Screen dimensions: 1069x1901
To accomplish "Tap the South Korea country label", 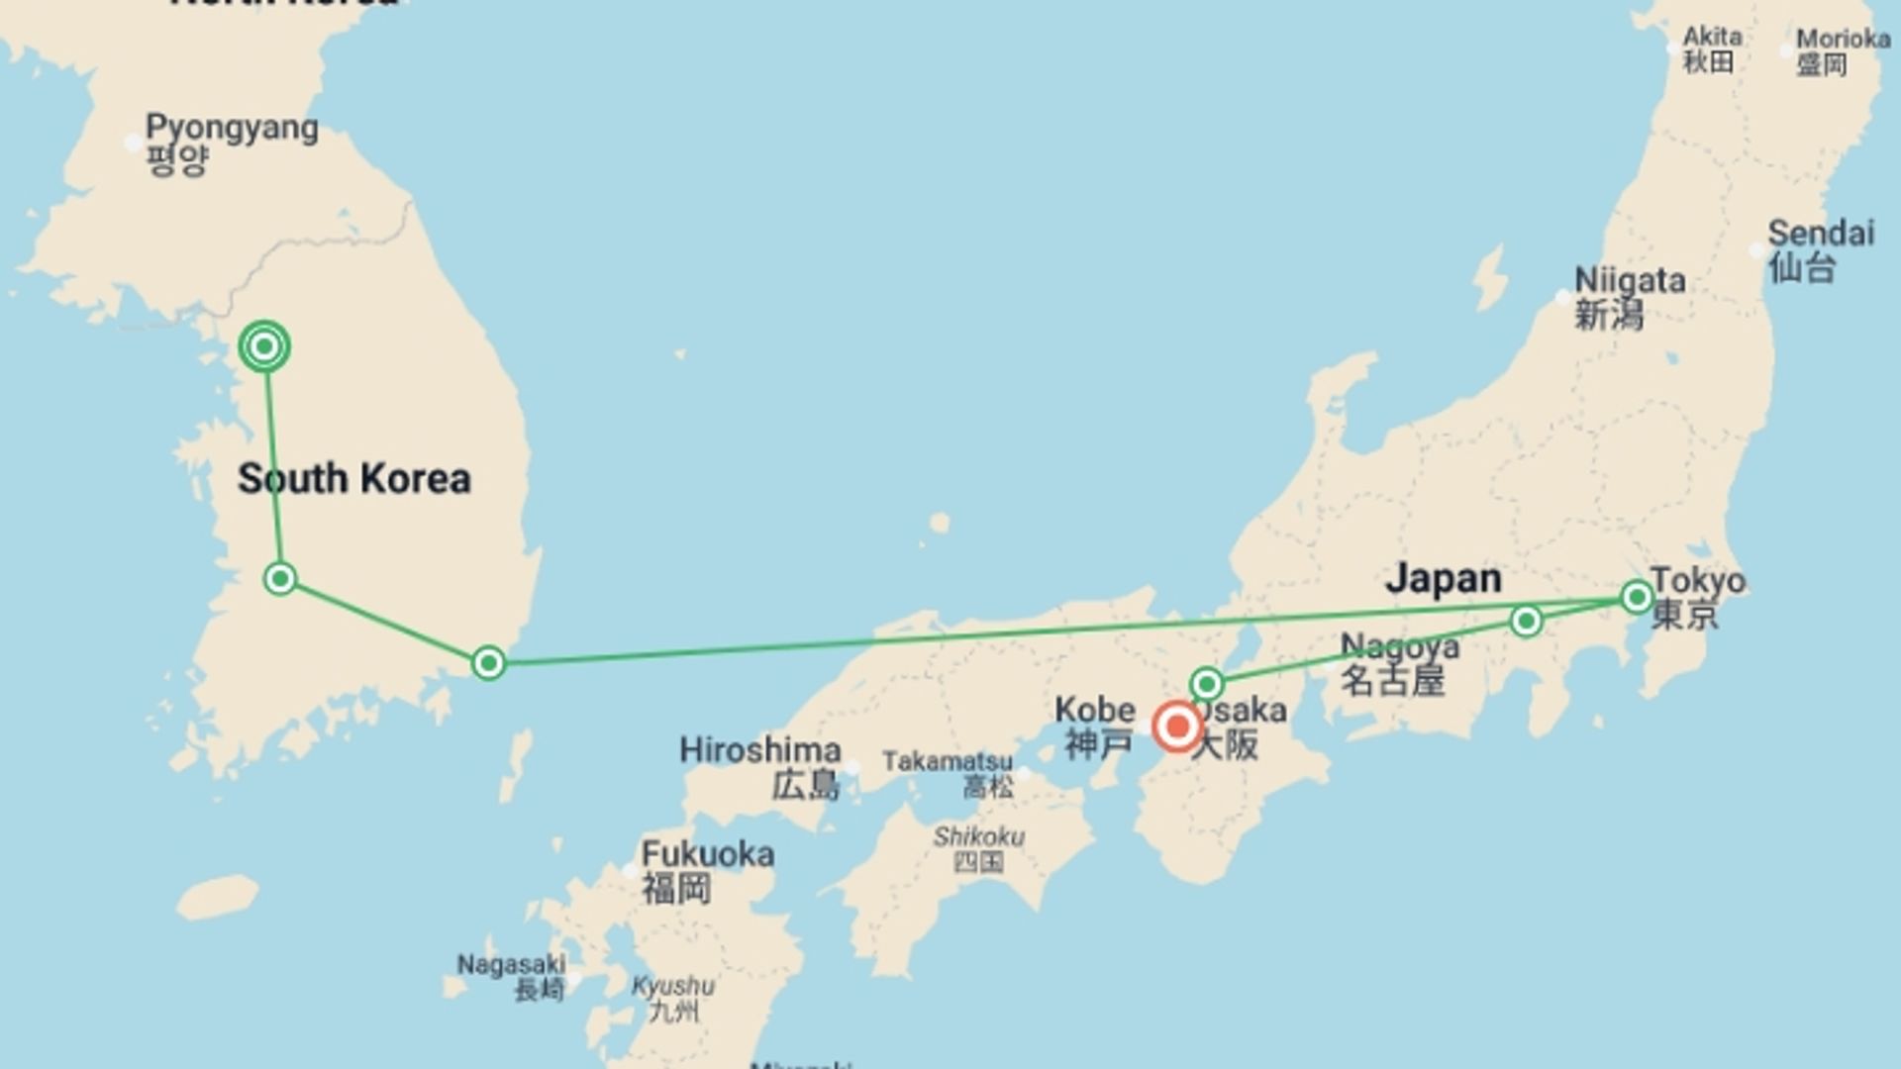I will pos(353,479).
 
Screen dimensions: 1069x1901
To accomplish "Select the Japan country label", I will pos(1443,579).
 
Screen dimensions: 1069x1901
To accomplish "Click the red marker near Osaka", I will pos(1177,728).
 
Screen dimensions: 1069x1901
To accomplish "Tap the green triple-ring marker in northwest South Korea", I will pos(264,346).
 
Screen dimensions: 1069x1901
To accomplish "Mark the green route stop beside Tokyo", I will pos(1637,597).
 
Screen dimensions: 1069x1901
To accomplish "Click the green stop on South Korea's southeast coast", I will pos(488,663).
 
